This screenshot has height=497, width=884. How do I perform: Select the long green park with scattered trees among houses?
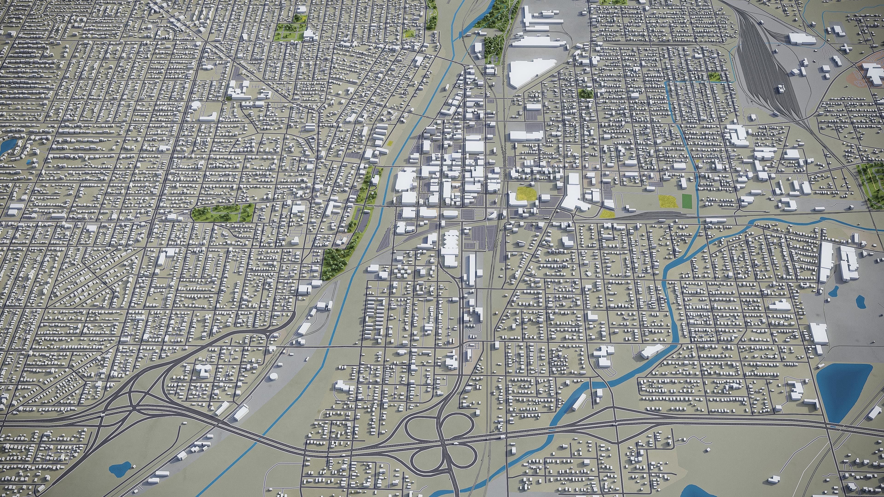pyautogui.click(x=223, y=212)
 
